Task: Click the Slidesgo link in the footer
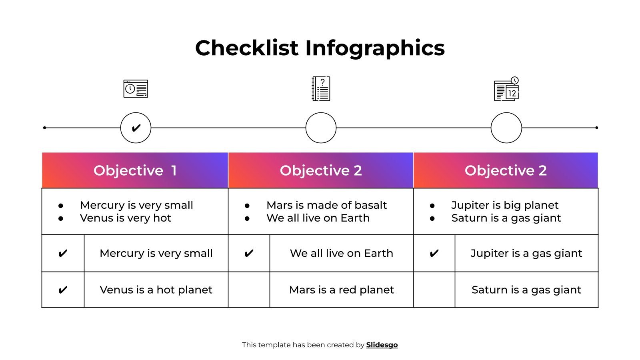coord(382,345)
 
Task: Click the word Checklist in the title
coord(246,48)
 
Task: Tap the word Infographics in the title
coord(375,49)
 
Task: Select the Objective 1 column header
coord(135,170)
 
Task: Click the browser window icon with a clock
coord(136,89)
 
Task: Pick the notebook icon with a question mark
coord(321,89)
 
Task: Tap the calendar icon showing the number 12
coord(506,89)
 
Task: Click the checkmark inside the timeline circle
coord(136,128)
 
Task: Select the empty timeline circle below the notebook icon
coord(321,128)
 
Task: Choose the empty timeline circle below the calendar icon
coord(506,128)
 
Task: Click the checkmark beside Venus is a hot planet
coord(63,290)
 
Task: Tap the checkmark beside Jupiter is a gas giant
coord(434,253)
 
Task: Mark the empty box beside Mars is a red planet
coord(249,290)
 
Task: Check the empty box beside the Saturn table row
coord(434,290)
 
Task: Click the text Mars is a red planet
coord(342,290)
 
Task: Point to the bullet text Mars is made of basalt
coord(326,205)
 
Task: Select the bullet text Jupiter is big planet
coord(505,205)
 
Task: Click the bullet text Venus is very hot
coord(126,218)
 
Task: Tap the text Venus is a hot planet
coord(156,290)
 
